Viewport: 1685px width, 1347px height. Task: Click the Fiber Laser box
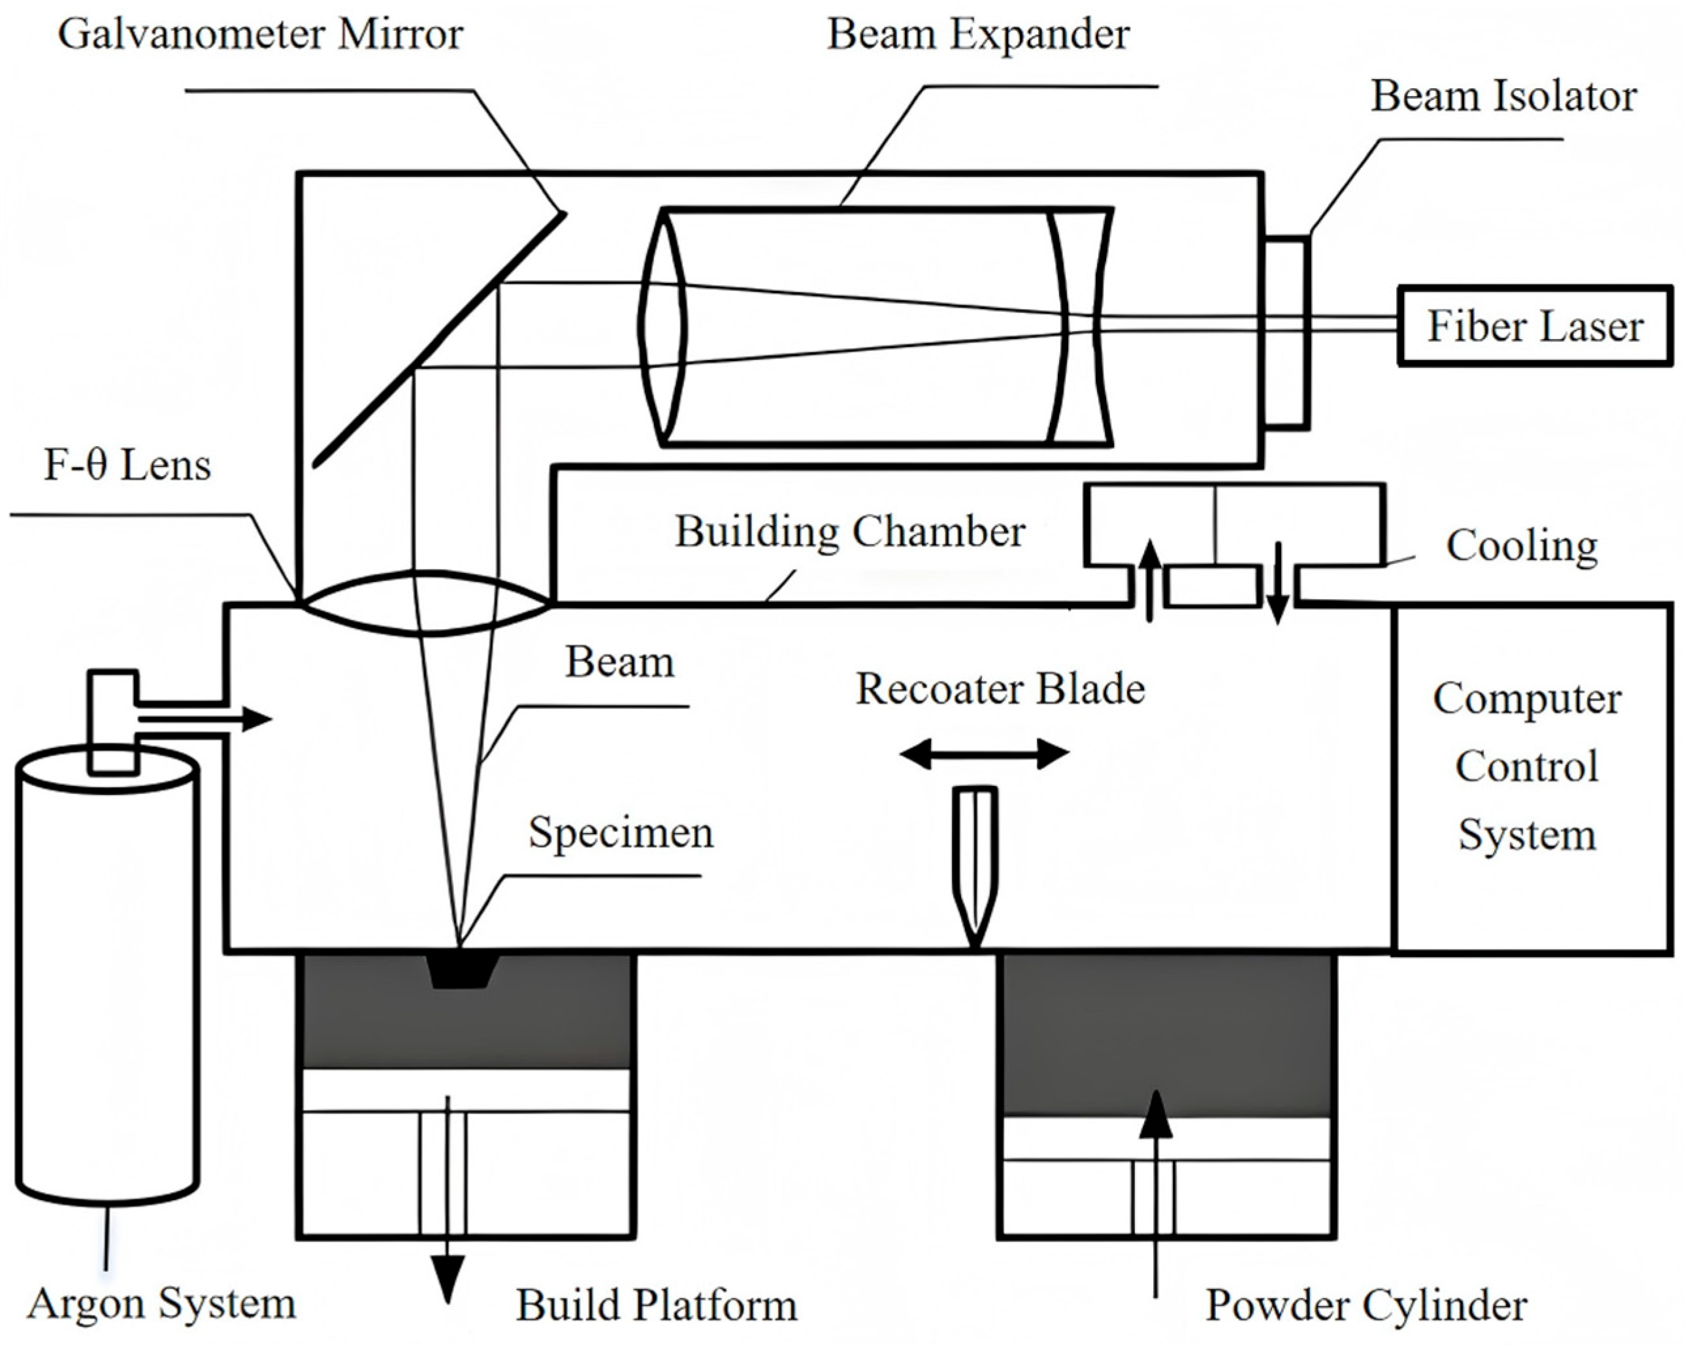pyautogui.click(x=1534, y=326)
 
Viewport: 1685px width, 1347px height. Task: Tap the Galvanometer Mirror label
pyautogui.click(x=260, y=35)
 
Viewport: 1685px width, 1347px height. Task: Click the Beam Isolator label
pyautogui.click(x=1503, y=97)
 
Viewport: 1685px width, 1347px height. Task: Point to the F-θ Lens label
pyautogui.click(x=127, y=466)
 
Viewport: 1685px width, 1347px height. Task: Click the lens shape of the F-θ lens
pyautogui.click(x=426, y=603)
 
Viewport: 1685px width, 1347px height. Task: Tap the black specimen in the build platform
pyautogui.click(x=461, y=971)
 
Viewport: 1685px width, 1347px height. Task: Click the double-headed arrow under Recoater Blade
pyautogui.click(x=984, y=754)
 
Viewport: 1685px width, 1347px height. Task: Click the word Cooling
pyautogui.click(x=1521, y=545)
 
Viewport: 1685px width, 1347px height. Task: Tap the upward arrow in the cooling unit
pyautogui.click(x=1149, y=578)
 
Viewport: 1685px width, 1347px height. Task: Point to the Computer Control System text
pyautogui.click(x=1526, y=766)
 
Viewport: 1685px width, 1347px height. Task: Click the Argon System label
pyautogui.click(x=162, y=1303)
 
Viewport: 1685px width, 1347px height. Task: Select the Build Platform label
pyautogui.click(x=656, y=1305)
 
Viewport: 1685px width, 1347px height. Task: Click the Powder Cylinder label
pyautogui.click(x=1366, y=1305)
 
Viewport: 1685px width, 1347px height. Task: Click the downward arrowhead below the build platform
pyautogui.click(x=448, y=1278)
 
